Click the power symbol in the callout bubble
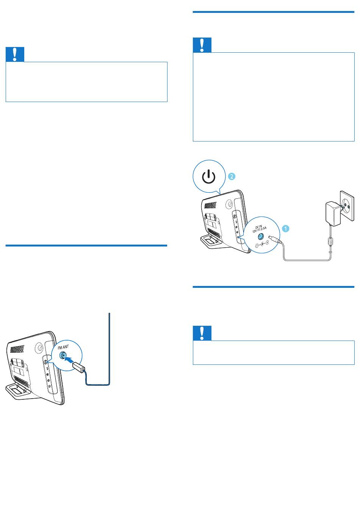click(x=209, y=177)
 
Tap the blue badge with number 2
click(x=232, y=176)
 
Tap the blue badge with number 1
click(x=285, y=228)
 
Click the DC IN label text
click(x=258, y=227)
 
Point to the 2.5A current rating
click(x=263, y=228)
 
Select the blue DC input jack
click(x=260, y=236)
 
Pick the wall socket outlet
click(x=347, y=206)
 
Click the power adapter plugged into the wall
click(x=333, y=213)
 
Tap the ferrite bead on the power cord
click(x=330, y=242)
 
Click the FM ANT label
click(x=63, y=347)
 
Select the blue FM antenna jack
click(x=63, y=355)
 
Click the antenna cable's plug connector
click(x=78, y=367)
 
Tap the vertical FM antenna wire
click(x=110, y=349)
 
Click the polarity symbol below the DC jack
click(x=262, y=245)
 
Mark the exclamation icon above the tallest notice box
click(x=202, y=45)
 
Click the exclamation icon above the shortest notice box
click(x=202, y=333)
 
